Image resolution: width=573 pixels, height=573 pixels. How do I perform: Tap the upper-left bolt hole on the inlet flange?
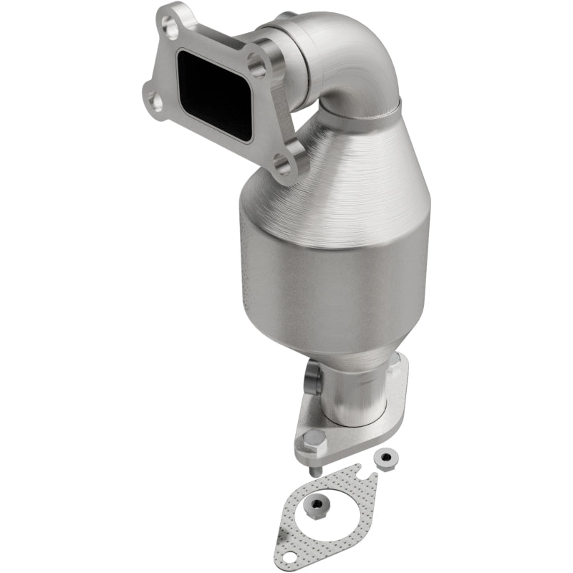coord(170,28)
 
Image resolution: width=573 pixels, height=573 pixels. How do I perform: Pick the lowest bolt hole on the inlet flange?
coord(282,168)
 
